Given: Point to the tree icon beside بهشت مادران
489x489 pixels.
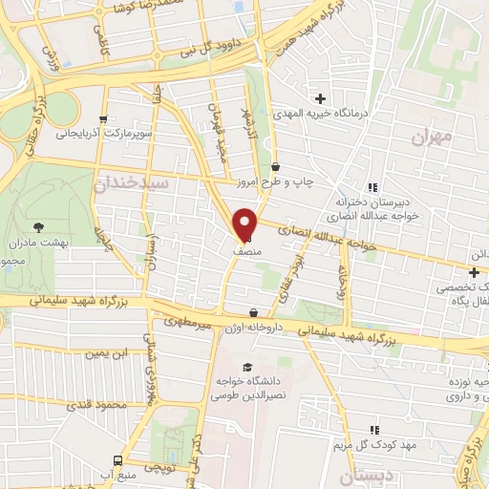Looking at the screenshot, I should [x=38, y=226].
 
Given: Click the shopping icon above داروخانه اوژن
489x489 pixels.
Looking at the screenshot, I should [x=253, y=312].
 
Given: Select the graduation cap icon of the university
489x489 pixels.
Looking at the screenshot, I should [x=248, y=368].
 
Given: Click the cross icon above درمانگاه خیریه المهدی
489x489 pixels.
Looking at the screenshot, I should [x=320, y=98].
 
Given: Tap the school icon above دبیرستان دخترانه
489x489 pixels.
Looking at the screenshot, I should [x=372, y=187].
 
